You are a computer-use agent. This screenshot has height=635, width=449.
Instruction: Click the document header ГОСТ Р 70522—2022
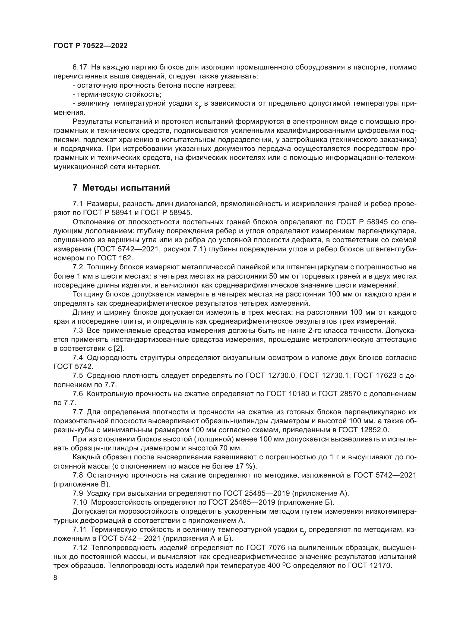pyautogui.click(x=90, y=46)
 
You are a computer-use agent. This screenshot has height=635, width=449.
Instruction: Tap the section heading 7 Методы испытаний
pyautogui.click(x=121, y=188)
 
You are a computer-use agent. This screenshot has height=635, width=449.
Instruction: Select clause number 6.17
pyautogui.click(x=80, y=67)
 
